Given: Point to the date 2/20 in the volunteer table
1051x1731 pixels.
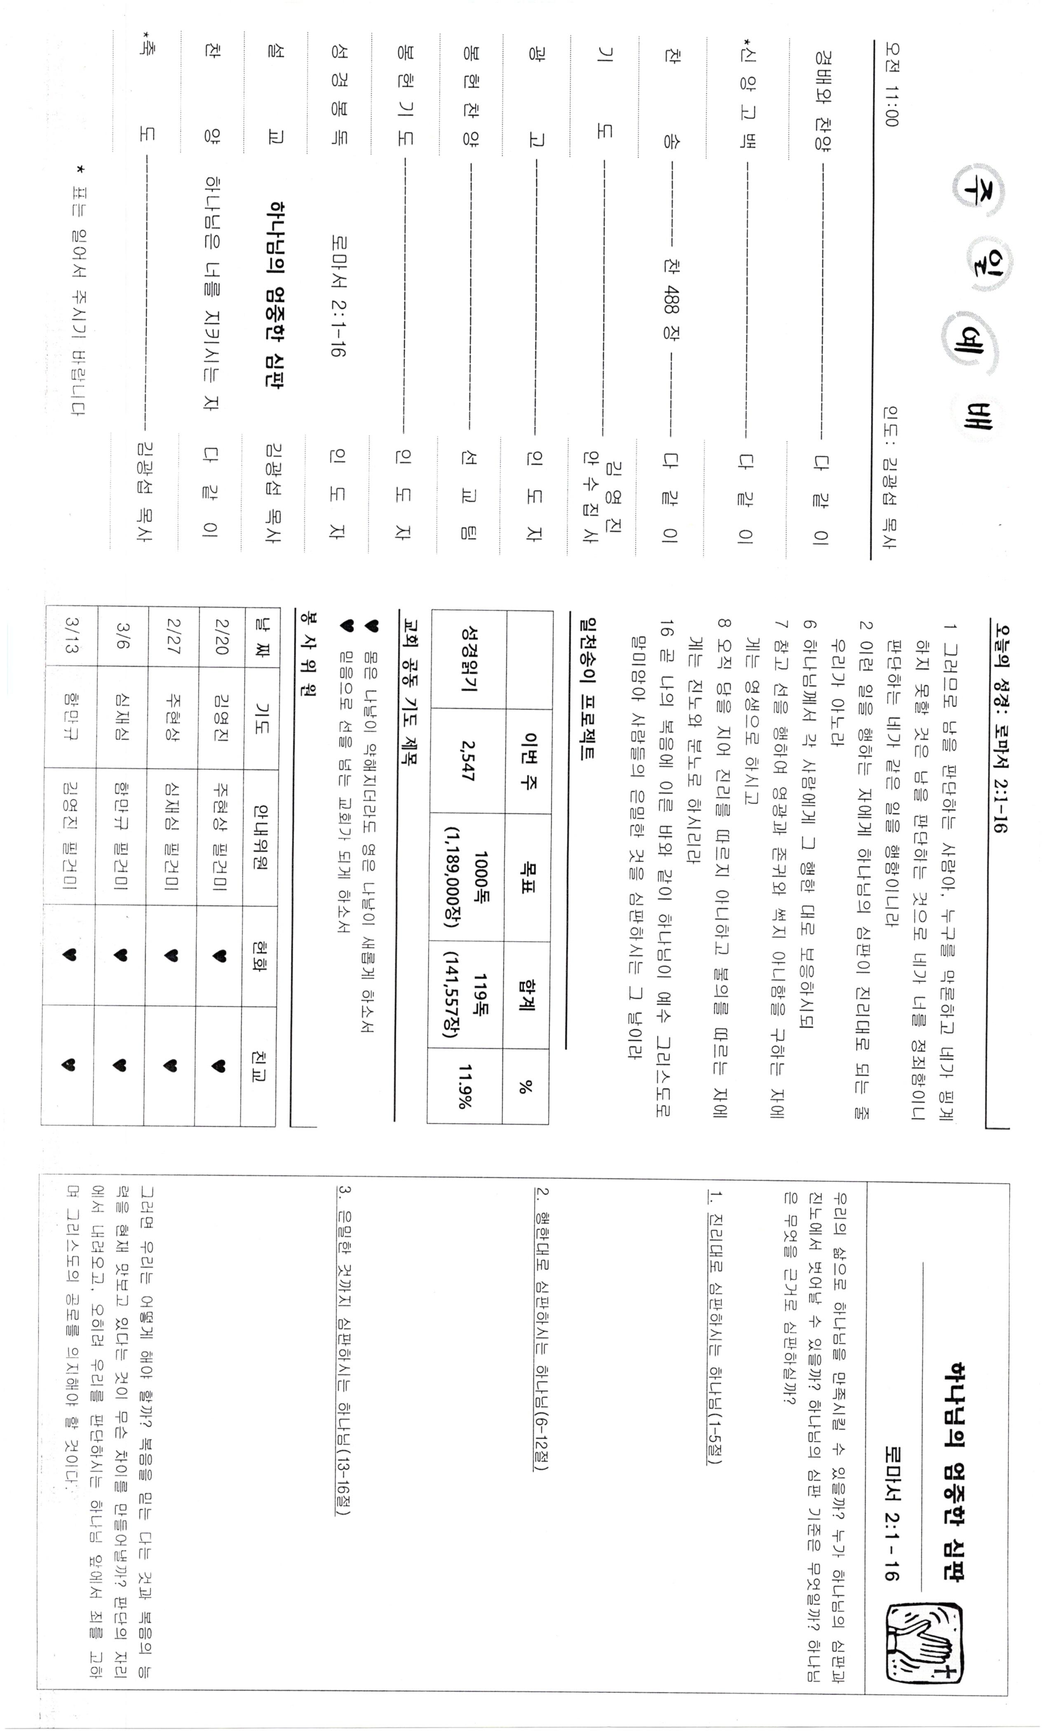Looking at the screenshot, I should [x=221, y=636].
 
